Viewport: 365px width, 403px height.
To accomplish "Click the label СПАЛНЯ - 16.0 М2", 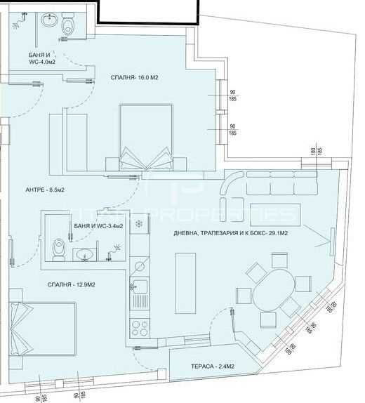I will [138, 77].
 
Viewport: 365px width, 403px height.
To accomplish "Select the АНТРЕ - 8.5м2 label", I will [45, 190].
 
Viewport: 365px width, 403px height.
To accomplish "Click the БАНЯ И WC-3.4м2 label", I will [98, 226].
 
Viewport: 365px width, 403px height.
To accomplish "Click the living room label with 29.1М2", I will [237, 235].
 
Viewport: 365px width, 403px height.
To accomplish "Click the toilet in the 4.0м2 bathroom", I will [68, 26].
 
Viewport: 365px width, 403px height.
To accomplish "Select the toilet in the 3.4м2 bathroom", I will [59, 249].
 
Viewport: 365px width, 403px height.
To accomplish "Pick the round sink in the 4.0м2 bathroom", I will [48, 21].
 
